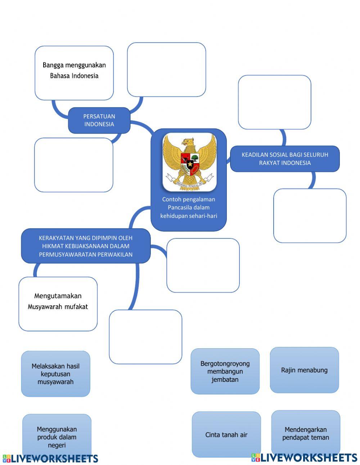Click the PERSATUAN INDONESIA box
point(99,120)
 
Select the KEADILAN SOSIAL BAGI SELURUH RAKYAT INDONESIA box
point(285,159)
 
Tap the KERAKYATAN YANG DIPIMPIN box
point(86,246)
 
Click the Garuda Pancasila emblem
point(189,162)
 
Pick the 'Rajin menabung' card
point(304,370)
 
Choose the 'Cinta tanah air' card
point(226,435)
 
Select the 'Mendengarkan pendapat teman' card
point(306,433)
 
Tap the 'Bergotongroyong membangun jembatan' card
point(225,371)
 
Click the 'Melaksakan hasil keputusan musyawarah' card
point(55,374)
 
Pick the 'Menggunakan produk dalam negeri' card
point(57,437)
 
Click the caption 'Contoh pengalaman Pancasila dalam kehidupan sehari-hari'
point(189,208)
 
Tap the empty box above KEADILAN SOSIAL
point(274,102)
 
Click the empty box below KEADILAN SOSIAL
point(310,215)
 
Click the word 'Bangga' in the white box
point(53,65)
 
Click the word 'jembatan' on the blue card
point(225,379)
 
